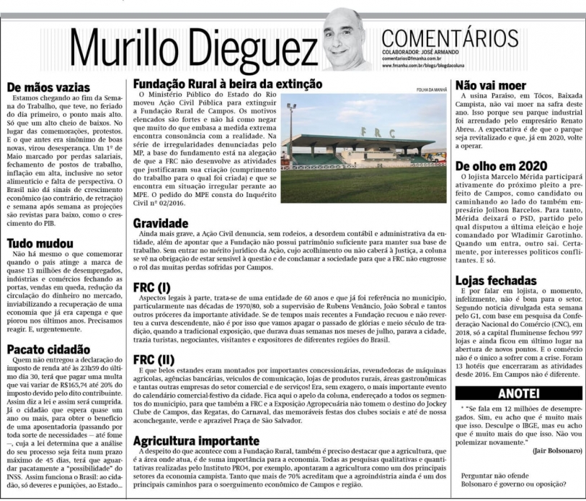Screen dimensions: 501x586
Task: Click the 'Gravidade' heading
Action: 160,223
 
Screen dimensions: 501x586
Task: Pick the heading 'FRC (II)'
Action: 154,359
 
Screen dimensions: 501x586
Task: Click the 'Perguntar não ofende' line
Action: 502,477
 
